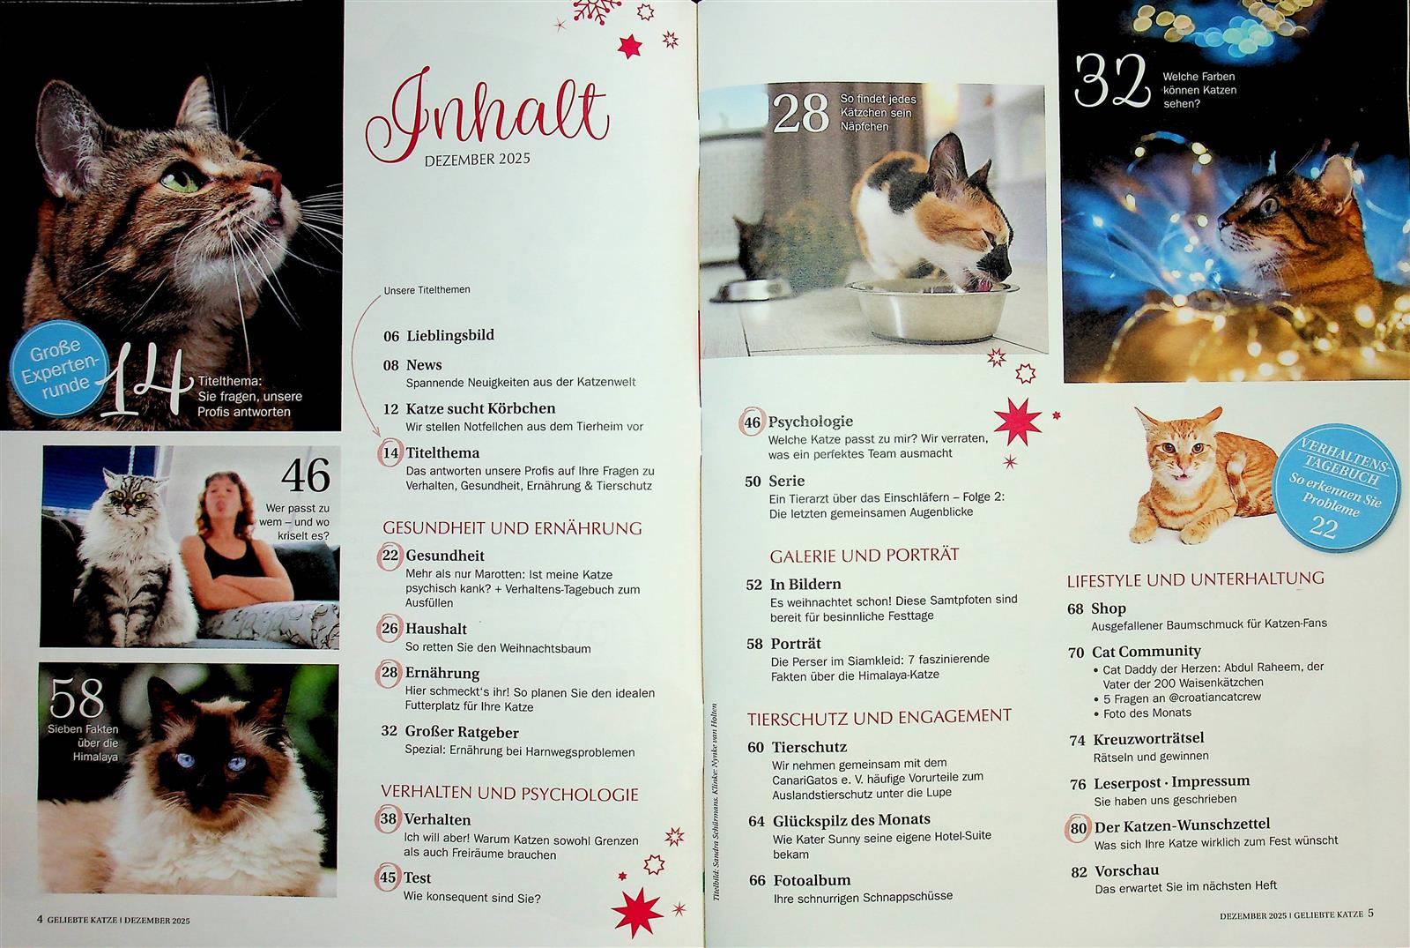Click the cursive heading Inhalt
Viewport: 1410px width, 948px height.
point(488,116)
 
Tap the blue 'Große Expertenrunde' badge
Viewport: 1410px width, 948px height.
point(58,367)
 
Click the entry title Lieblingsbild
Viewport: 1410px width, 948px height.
point(450,335)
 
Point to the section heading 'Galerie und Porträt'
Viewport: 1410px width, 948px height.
point(865,555)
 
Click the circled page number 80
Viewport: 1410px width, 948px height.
point(1079,828)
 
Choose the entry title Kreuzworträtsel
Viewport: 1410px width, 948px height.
point(1148,738)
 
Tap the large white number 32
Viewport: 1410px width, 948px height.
point(1112,82)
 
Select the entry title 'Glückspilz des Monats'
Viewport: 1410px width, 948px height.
point(851,819)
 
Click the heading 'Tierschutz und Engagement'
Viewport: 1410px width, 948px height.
point(879,717)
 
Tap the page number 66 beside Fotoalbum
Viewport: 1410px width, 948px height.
point(757,881)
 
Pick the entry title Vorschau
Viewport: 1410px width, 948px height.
point(1126,870)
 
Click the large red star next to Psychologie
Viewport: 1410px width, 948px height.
point(1018,422)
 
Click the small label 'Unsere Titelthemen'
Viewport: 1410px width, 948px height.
point(427,290)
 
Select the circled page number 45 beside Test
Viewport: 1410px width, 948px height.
point(388,877)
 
